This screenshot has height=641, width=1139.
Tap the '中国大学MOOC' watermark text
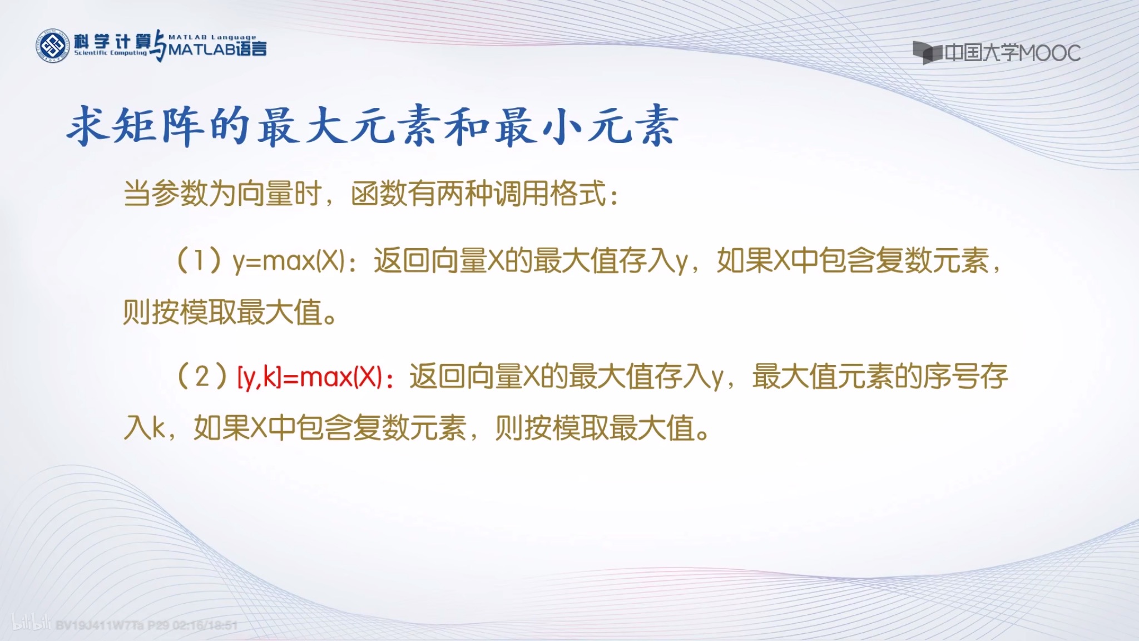click(x=1012, y=53)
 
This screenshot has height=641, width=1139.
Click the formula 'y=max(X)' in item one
click(x=289, y=261)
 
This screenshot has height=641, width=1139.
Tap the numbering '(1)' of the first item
click(x=199, y=261)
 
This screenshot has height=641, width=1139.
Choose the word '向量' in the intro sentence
click(x=265, y=194)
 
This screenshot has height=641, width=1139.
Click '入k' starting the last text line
click(x=144, y=428)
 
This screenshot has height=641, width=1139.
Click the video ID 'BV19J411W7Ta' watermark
click(x=100, y=625)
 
